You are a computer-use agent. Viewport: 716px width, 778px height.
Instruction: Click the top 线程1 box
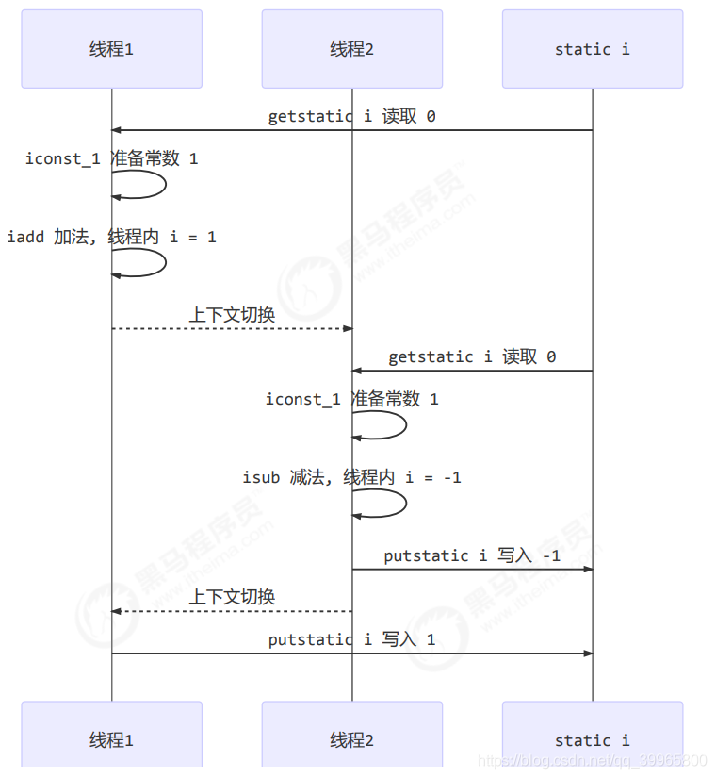point(111,49)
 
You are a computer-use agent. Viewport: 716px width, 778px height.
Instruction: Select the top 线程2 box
point(351,49)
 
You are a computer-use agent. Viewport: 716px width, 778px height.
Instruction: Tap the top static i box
point(592,49)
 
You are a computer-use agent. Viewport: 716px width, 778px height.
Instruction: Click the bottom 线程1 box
point(111,740)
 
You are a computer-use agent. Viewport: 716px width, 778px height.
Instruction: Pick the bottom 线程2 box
point(351,740)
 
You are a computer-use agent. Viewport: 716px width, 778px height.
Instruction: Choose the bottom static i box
point(592,740)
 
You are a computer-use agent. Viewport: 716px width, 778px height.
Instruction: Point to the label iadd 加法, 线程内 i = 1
point(111,237)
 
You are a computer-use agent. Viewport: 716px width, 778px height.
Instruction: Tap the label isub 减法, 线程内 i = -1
point(351,477)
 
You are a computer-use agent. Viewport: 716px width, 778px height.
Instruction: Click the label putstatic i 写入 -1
point(472,555)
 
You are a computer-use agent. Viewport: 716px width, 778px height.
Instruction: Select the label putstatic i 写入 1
point(351,639)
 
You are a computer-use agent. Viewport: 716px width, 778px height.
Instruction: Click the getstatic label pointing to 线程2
point(472,356)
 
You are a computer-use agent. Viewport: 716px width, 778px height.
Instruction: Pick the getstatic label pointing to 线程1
point(351,116)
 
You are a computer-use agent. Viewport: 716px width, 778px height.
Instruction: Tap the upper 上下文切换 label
point(232,314)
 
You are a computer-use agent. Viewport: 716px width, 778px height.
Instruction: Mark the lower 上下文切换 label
point(232,597)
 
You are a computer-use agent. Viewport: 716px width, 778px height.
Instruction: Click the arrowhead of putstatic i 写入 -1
point(588,570)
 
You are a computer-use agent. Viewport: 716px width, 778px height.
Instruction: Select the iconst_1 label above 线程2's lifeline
point(351,399)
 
